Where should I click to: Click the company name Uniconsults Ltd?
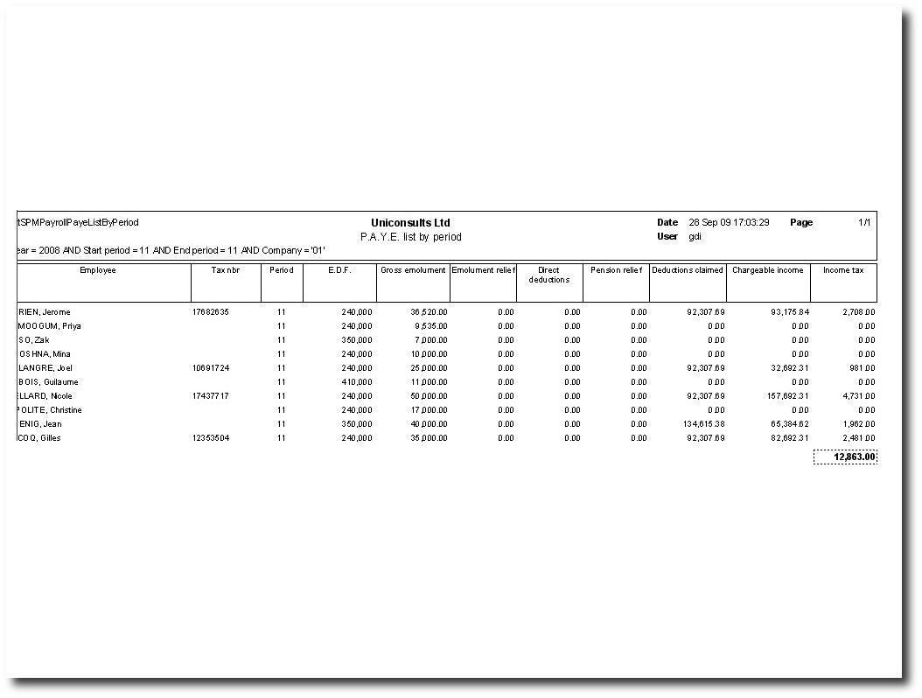point(410,223)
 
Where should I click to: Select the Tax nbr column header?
point(226,270)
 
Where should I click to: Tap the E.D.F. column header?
point(339,270)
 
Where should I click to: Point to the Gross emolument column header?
point(413,270)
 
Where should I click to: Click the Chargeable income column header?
point(767,270)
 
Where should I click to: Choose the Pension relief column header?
point(616,270)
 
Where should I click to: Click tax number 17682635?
point(211,312)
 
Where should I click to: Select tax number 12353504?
point(211,438)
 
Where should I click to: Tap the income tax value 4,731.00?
point(859,396)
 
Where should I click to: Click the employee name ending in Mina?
point(44,354)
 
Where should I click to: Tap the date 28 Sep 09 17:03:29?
point(729,223)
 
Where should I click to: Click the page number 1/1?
point(864,223)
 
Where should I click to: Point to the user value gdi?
point(695,237)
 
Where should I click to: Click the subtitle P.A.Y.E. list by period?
point(410,237)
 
